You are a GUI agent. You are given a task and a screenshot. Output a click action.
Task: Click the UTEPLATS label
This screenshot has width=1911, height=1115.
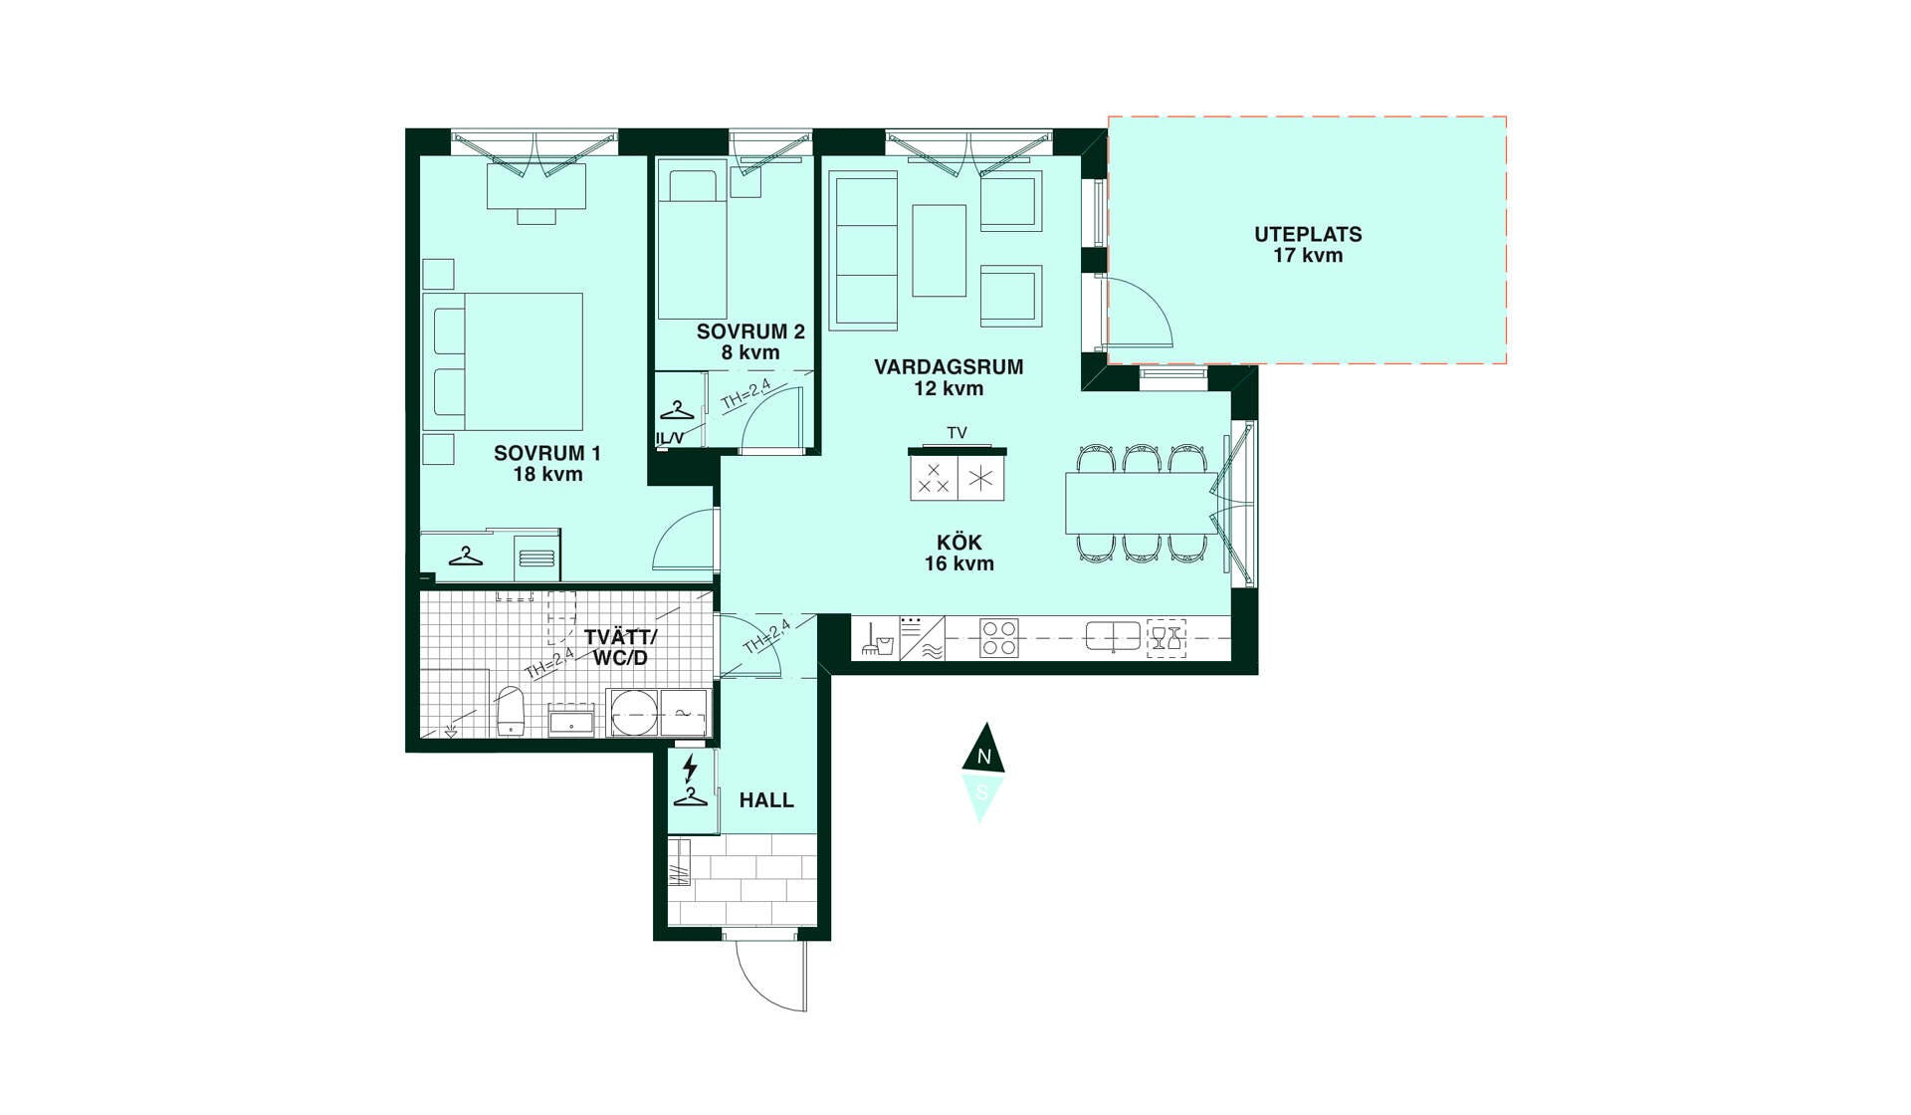point(1308,235)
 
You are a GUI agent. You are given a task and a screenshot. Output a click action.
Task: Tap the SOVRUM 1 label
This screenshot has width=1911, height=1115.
point(547,453)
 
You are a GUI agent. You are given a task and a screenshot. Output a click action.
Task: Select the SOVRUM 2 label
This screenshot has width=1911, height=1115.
point(750,332)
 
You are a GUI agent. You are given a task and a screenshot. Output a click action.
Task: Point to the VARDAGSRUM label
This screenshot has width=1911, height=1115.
point(949,366)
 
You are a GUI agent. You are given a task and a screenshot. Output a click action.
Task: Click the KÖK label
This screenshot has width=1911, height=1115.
point(959,543)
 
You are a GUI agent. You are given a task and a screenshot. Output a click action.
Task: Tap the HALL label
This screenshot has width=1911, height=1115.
point(766,800)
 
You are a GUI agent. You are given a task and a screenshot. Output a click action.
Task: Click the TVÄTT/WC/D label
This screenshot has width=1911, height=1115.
point(620,647)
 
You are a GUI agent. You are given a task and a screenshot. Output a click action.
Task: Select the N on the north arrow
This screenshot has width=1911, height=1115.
point(984,757)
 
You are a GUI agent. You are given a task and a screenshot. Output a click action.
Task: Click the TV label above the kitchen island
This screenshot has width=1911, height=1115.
point(956,433)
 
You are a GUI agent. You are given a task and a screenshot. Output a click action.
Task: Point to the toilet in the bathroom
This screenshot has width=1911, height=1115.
point(510,709)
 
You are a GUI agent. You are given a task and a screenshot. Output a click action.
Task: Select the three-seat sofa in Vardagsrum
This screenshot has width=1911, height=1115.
point(864,250)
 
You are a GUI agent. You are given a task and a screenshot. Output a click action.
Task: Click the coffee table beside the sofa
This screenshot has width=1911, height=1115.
point(939,251)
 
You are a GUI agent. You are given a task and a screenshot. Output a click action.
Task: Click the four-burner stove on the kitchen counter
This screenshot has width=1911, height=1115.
point(998,638)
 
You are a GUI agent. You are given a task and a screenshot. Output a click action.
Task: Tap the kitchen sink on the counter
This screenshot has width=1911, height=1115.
point(1113,635)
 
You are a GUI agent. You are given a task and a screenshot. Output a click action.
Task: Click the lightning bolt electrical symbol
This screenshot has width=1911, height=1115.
point(690,768)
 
